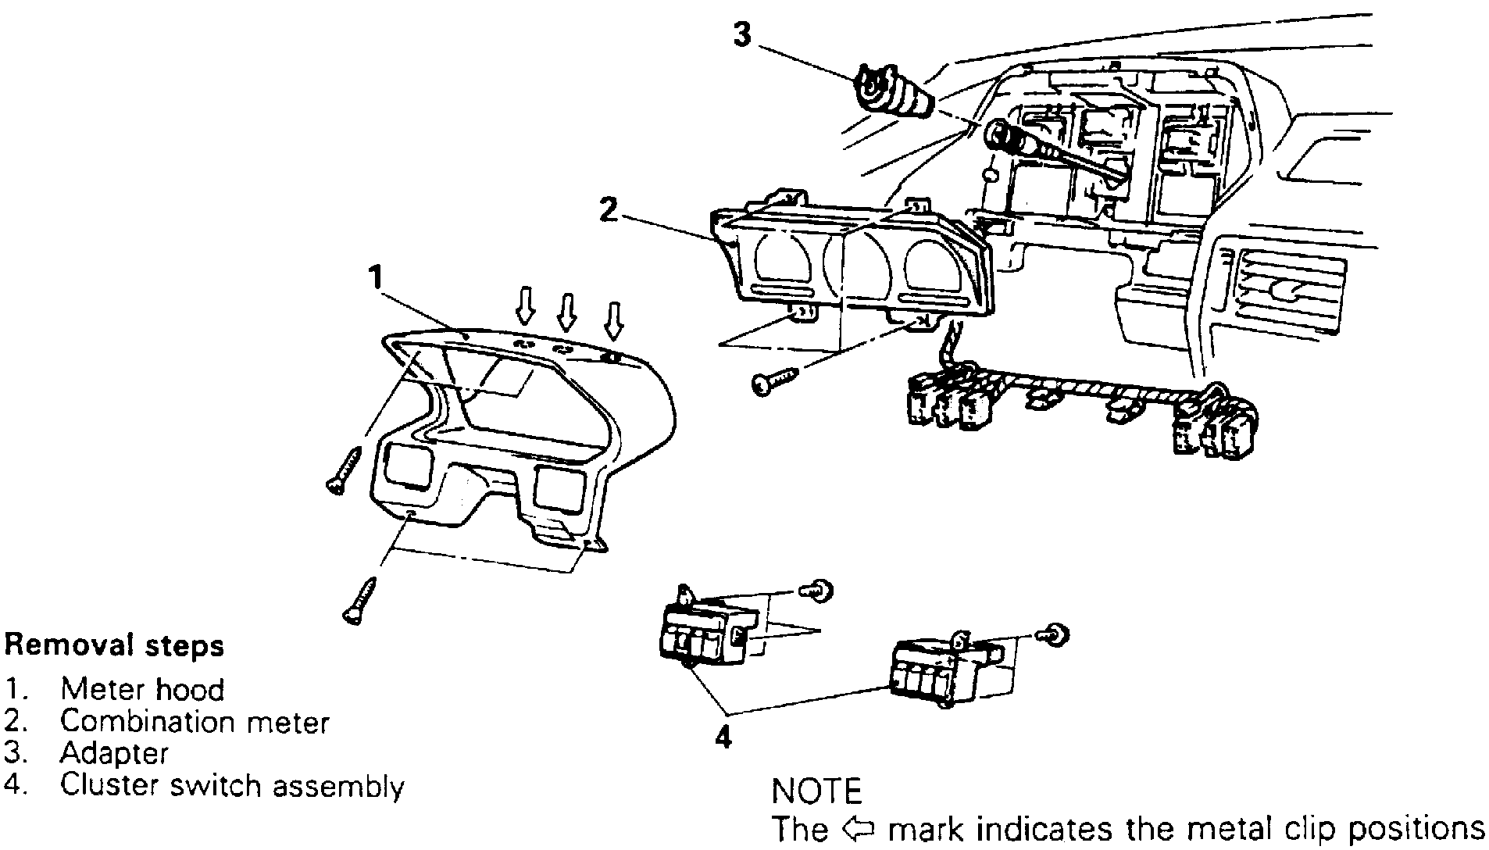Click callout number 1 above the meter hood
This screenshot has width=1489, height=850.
(377, 276)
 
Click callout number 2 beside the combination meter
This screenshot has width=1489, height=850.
(609, 209)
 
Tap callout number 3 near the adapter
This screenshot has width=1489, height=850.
(742, 34)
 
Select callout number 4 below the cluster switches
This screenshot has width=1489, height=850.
(723, 736)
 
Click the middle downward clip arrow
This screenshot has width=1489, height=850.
(567, 311)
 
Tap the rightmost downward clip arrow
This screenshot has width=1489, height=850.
(616, 320)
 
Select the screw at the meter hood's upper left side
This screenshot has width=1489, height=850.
(344, 470)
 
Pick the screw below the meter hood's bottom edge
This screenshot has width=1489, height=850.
(359, 601)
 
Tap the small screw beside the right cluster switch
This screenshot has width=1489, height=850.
(1058, 635)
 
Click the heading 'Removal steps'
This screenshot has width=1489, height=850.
(114, 645)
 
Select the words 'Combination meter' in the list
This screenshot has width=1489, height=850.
(195, 721)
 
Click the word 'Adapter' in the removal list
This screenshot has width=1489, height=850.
(114, 753)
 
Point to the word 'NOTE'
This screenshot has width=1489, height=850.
(816, 791)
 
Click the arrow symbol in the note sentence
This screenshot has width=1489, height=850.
(855, 827)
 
